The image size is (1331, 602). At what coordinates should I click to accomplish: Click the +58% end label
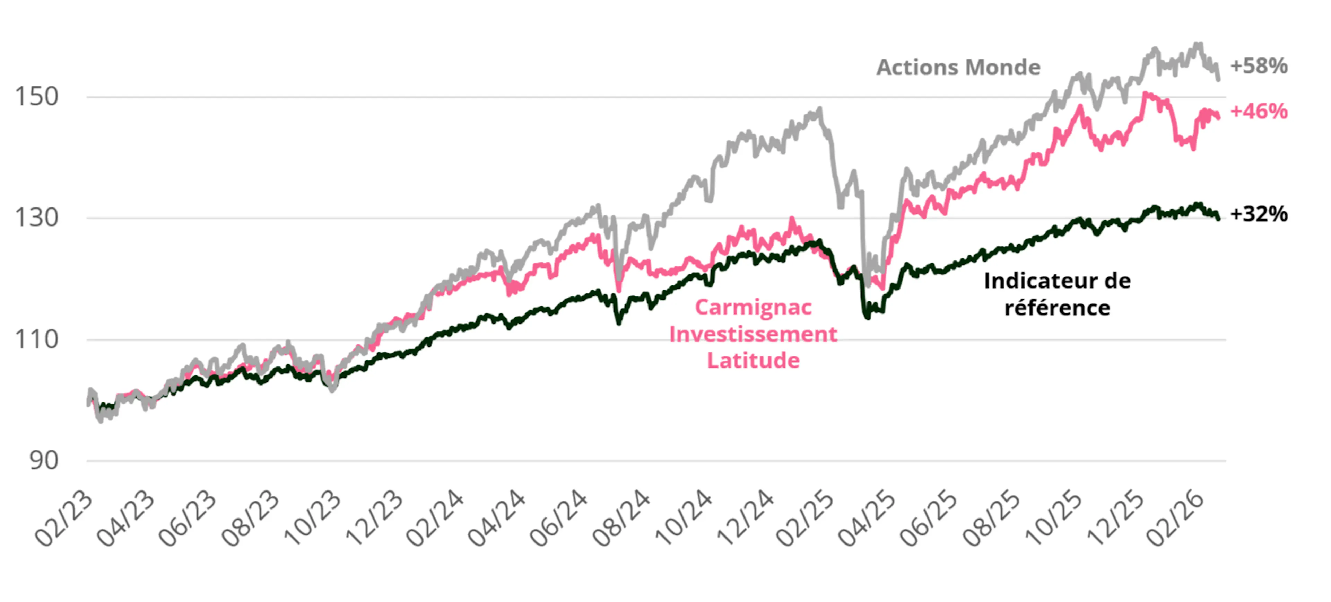(x=1259, y=66)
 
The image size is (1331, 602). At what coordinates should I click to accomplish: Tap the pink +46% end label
(x=1259, y=112)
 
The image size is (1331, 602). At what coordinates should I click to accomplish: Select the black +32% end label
(x=1259, y=214)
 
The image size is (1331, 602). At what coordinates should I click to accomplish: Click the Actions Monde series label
(x=958, y=68)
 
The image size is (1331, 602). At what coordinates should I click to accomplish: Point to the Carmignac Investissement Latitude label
(x=753, y=334)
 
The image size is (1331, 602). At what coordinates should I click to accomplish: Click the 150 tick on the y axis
(x=36, y=97)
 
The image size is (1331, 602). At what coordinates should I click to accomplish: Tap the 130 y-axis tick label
(x=36, y=218)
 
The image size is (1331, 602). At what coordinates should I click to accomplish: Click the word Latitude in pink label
(x=753, y=360)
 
